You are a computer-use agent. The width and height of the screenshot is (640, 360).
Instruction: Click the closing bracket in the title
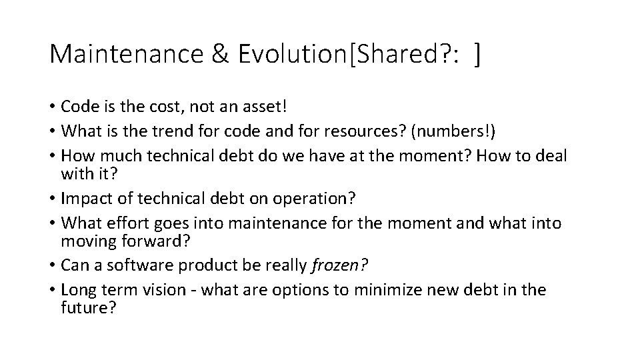point(477,55)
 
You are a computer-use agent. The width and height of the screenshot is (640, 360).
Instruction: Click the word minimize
point(383,289)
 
